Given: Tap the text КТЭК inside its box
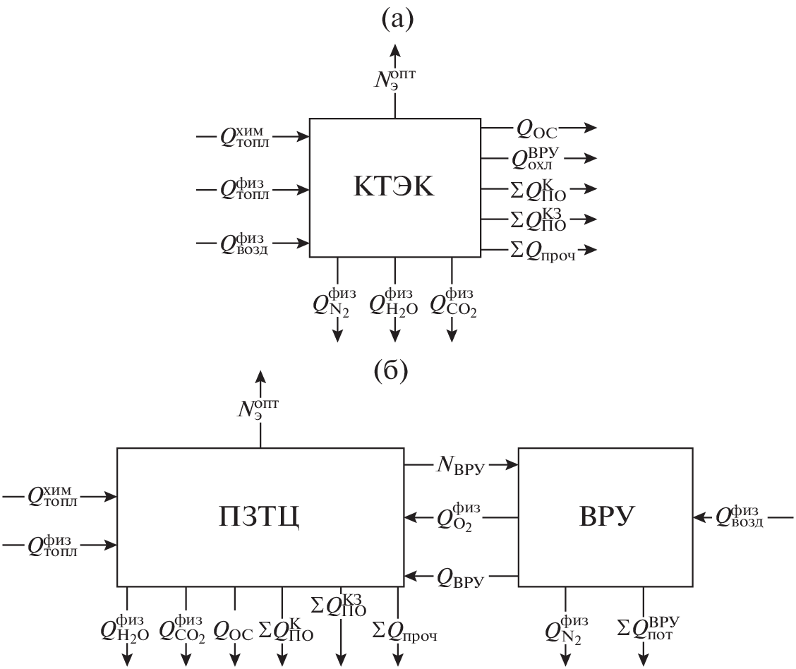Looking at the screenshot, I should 394,188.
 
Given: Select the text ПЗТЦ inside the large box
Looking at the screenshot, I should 259,517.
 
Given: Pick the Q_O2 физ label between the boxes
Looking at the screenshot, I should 460,516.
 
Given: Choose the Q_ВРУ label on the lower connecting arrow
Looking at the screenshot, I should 460,579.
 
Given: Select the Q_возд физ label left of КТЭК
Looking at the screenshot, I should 243,244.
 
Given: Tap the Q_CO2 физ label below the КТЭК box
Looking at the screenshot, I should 452,302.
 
